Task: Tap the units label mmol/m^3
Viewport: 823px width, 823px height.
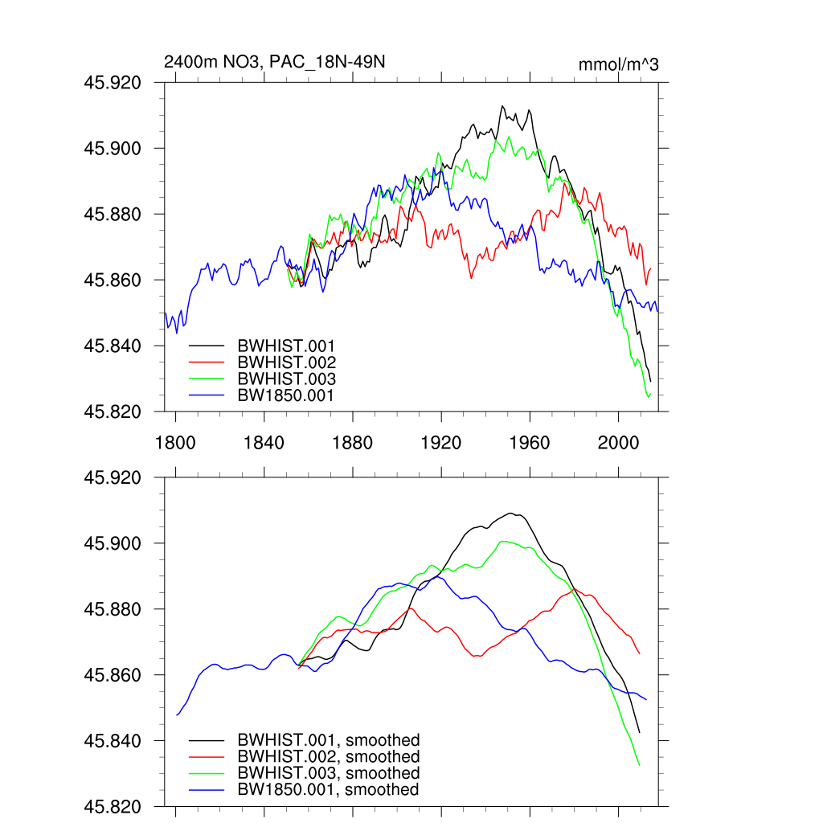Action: [x=618, y=64]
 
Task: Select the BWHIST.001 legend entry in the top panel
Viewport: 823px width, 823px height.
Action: [x=286, y=346]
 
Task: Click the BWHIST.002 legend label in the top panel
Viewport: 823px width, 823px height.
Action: [x=286, y=362]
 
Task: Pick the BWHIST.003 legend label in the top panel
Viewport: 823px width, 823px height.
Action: [x=286, y=379]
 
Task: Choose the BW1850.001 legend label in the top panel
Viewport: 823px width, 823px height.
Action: [x=286, y=395]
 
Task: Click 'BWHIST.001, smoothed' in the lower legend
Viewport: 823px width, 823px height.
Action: [x=328, y=740]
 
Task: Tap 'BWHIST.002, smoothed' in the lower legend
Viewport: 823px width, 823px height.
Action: [x=328, y=757]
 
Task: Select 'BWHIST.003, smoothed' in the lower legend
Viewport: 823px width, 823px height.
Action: [x=328, y=773]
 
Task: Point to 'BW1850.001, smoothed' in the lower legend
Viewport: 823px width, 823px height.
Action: [x=328, y=790]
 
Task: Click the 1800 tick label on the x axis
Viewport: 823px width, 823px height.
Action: [x=175, y=442]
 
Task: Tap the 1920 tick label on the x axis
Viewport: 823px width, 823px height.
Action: [x=441, y=442]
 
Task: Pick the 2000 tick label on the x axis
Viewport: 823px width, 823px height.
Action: [x=619, y=442]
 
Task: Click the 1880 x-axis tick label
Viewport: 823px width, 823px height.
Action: [x=353, y=442]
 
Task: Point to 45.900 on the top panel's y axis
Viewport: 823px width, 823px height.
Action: [x=118, y=149]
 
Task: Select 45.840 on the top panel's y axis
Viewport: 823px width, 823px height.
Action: [x=118, y=346]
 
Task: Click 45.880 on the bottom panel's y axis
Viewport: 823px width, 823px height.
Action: [x=118, y=609]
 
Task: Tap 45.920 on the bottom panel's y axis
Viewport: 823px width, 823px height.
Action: [x=118, y=477]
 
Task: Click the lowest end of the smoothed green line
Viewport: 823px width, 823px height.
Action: [x=640, y=766]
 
